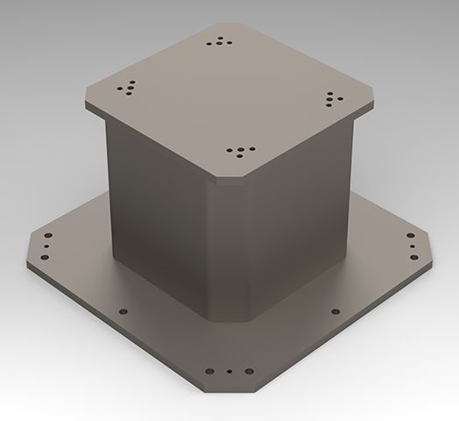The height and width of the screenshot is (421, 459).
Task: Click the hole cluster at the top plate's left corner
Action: [127, 88]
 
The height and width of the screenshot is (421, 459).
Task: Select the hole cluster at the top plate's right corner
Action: [335, 97]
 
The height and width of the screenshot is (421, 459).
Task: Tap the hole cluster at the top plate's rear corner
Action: [220, 39]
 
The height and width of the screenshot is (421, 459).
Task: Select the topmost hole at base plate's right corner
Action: [411, 235]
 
